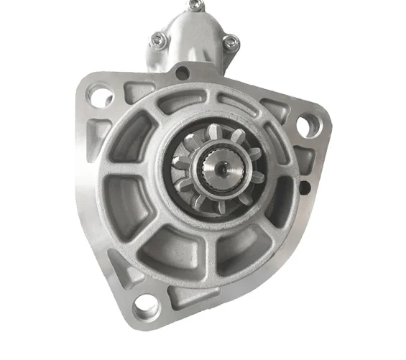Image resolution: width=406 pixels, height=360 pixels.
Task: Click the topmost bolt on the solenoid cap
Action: tap(192, 6)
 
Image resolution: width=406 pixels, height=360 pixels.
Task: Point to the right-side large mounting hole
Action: tap(307, 126)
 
